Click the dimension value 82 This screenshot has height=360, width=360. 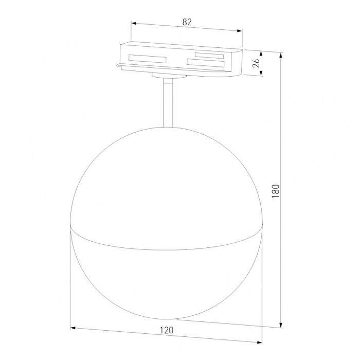pos(187,23)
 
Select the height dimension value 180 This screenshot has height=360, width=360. pos(276,190)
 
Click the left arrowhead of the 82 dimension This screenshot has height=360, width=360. pos(133,23)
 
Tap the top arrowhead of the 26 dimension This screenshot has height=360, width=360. pos(262,53)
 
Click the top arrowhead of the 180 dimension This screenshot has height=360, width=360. pos(281,55)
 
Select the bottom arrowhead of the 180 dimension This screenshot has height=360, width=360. pos(281,325)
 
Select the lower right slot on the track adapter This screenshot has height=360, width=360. pos(206,62)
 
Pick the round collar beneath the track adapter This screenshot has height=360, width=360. pos(168,76)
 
